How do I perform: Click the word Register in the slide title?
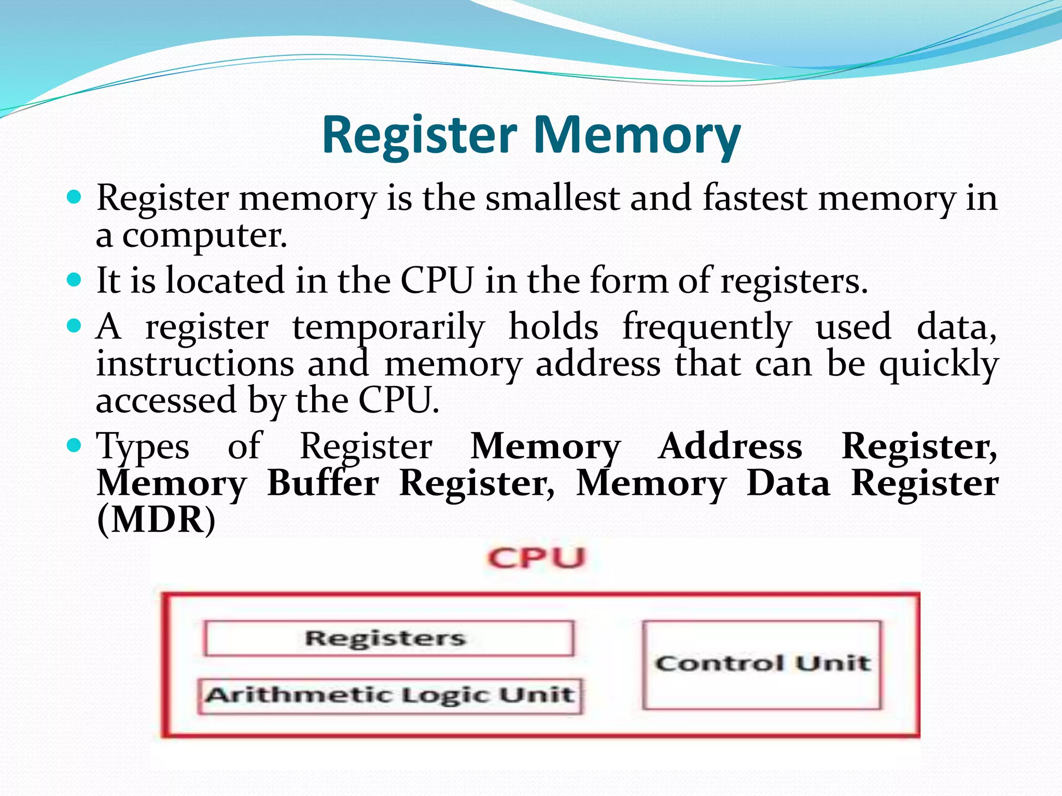click(x=419, y=136)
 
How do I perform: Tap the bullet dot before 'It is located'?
click(x=75, y=280)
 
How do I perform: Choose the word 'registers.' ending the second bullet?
click(x=794, y=282)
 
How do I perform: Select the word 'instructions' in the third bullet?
click(x=195, y=364)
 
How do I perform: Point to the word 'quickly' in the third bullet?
click(x=939, y=365)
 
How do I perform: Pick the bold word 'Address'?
click(x=730, y=446)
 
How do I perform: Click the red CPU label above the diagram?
click(x=536, y=559)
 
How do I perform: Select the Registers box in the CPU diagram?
click(x=389, y=638)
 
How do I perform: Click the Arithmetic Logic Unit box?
click(x=390, y=695)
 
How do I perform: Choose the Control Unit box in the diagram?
click(x=762, y=664)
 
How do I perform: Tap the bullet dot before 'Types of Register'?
click(x=75, y=445)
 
